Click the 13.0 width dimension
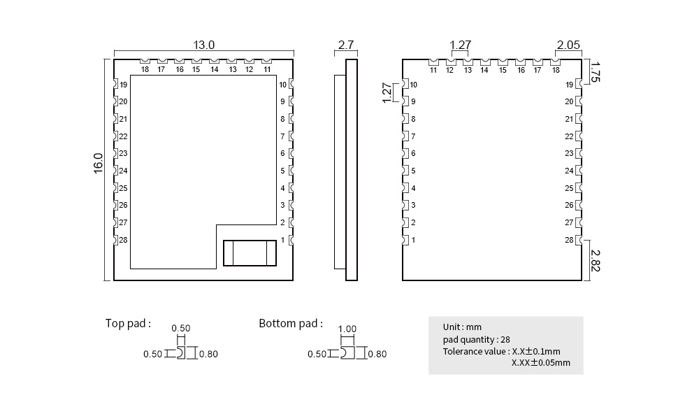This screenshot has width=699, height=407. click(203, 45)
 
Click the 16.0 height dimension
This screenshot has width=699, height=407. click(98, 163)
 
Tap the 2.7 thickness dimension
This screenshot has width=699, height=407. click(346, 45)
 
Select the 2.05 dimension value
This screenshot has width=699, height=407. click(568, 45)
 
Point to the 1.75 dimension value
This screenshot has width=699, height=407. click(596, 72)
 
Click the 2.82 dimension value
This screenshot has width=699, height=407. click(596, 260)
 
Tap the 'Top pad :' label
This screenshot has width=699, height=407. click(128, 324)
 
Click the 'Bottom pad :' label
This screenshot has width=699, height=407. click(291, 324)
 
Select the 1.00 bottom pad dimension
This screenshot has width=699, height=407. click(347, 329)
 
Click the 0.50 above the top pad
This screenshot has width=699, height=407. click(181, 328)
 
